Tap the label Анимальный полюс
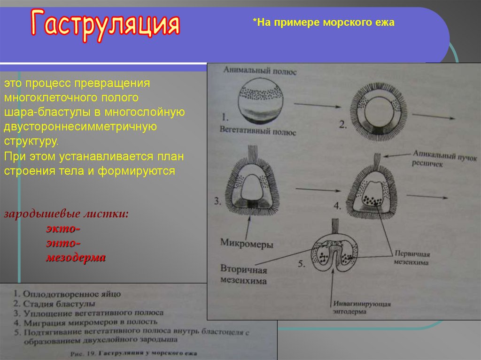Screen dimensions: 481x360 (253, 71)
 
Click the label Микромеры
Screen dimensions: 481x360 (247, 244)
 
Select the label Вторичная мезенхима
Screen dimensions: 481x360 (243, 276)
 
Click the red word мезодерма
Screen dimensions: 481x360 (76, 258)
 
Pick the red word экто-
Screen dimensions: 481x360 (63, 229)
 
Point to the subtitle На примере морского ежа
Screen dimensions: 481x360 (324, 23)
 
